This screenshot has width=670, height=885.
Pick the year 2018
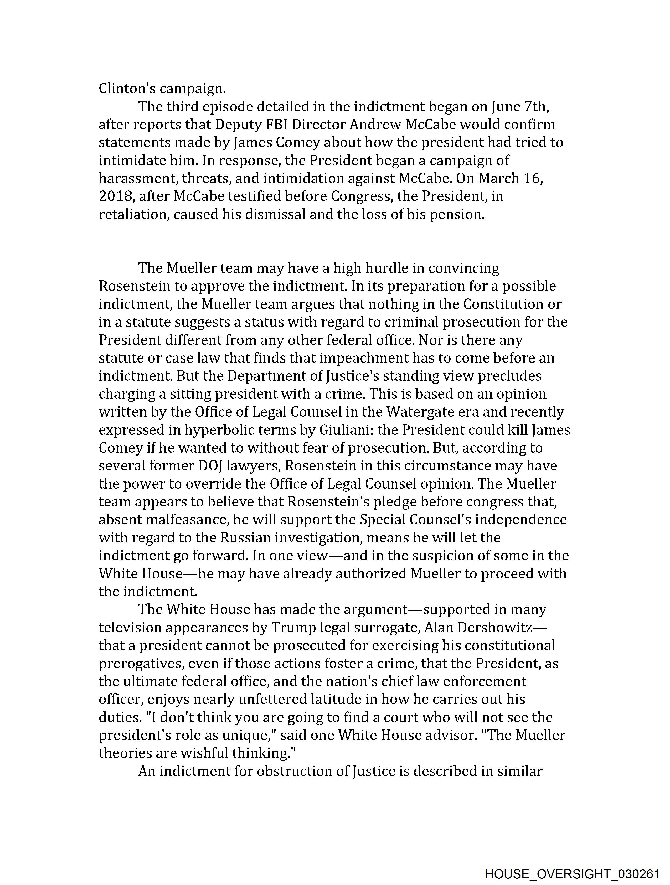pos(115,196)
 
